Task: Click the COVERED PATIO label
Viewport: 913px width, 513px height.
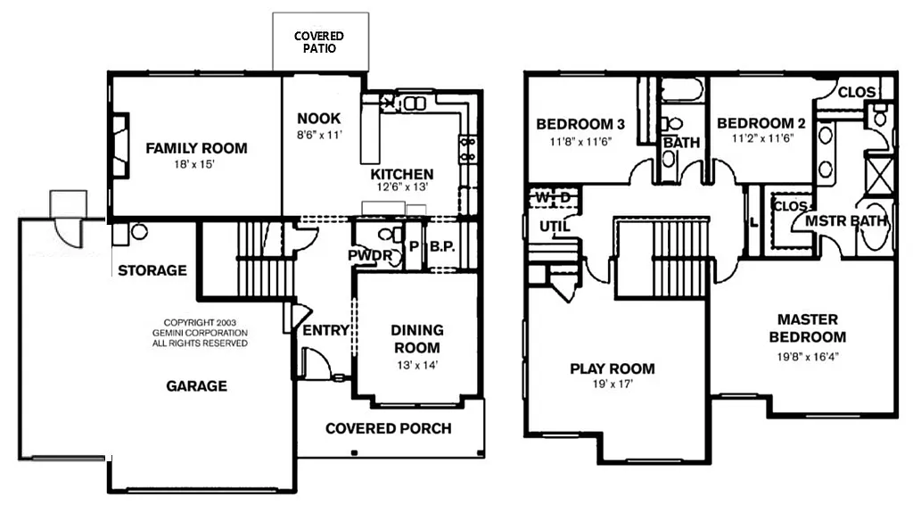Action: point(318,42)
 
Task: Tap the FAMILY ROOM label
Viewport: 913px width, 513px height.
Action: point(196,148)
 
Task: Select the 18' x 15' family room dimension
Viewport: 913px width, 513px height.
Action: point(196,165)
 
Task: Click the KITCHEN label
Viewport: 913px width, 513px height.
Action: point(402,174)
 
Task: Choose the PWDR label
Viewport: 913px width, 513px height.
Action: point(366,255)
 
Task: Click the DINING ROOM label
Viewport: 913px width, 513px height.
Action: point(416,339)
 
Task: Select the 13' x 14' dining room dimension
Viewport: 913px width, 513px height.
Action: point(416,365)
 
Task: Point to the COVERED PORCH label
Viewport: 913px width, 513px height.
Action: point(388,428)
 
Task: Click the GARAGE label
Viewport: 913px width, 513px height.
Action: point(196,386)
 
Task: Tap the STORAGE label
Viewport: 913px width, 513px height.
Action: point(152,270)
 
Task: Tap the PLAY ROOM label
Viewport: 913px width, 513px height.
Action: point(612,368)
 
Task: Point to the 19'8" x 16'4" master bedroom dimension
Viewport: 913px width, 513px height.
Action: point(807,355)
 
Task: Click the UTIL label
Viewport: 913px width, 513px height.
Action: point(554,226)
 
